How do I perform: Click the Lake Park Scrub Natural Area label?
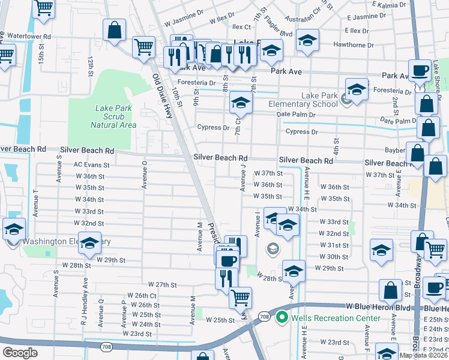tap(113, 116)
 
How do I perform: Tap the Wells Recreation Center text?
tap(336, 317)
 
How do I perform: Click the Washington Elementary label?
tap(66, 242)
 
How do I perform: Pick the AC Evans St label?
tap(91, 164)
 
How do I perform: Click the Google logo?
tap(20, 353)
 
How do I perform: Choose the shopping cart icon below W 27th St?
tap(240, 296)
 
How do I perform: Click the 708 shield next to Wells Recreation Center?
tap(264, 316)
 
